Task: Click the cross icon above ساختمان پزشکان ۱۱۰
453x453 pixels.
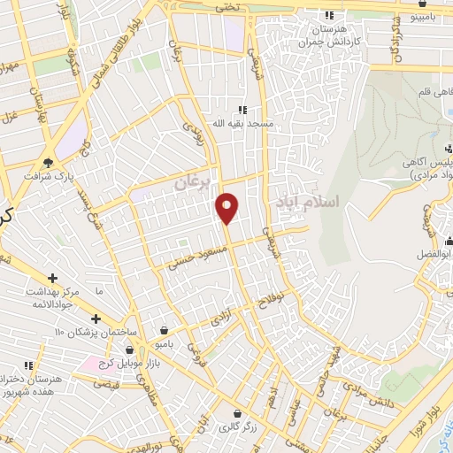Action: click(96, 319)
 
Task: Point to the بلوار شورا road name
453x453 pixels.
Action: click(417, 424)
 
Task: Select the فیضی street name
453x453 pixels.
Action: click(106, 384)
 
